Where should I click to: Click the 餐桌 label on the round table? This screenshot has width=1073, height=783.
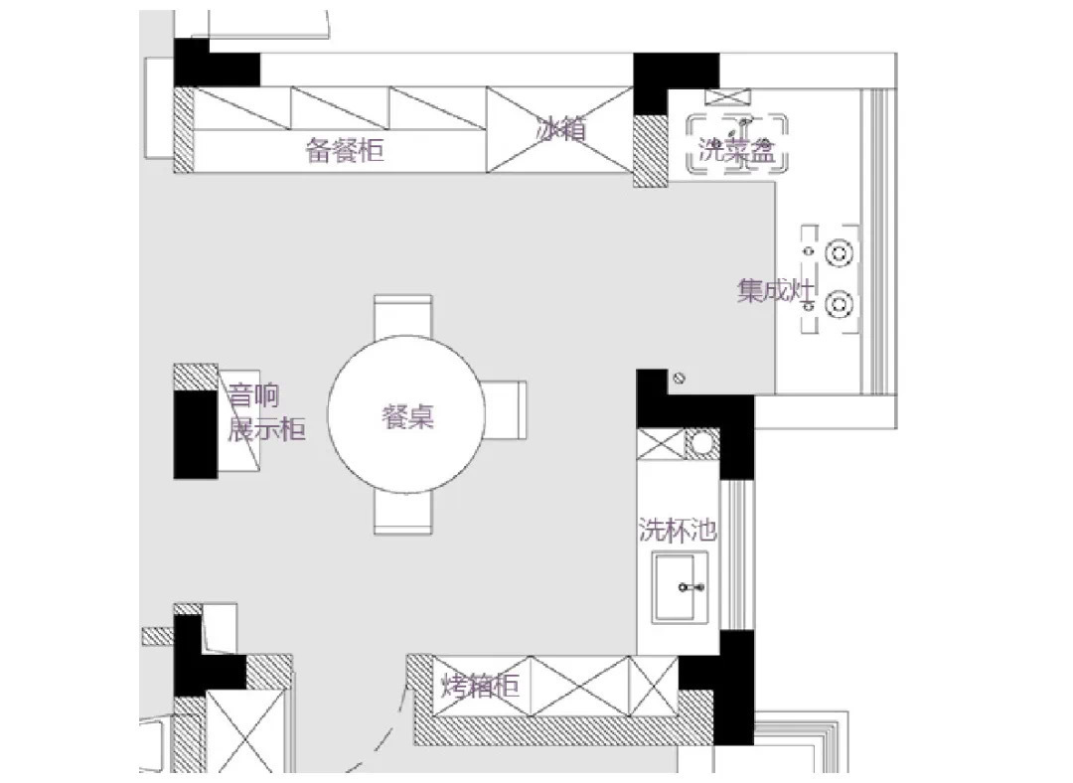(x=408, y=416)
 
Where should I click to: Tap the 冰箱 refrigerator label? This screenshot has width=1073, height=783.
(x=561, y=128)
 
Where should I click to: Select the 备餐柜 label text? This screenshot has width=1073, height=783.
(x=344, y=150)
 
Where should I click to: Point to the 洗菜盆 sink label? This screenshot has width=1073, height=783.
(x=736, y=150)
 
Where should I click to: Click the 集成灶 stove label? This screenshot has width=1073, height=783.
(x=776, y=291)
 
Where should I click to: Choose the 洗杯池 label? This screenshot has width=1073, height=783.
(x=678, y=530)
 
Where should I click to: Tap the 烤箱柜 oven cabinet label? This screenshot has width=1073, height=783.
(x=481, y=685)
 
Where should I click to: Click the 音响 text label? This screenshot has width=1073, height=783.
(x=253, y=395)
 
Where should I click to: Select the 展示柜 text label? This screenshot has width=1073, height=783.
(x=266, y=430)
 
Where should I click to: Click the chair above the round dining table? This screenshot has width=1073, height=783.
(x=403, y=316)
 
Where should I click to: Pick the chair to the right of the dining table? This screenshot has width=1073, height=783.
(x=505, y=410)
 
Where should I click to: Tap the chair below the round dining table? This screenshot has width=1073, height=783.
(x=403, y=513)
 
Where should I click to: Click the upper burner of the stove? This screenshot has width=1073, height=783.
(x=839, y=253)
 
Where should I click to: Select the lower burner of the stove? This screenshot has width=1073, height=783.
(x=839, y=305)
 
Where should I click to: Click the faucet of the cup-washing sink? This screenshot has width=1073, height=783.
(x=690, y=587)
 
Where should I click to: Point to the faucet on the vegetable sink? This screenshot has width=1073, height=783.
(x=744, y=125)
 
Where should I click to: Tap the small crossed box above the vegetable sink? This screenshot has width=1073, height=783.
(x=727, y=97)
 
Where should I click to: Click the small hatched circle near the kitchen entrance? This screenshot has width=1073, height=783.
(x=679, y=378)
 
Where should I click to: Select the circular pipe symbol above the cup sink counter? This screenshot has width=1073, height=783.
(x=702, y=443)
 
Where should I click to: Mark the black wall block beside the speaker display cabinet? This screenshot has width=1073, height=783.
(x=195, y=434)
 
